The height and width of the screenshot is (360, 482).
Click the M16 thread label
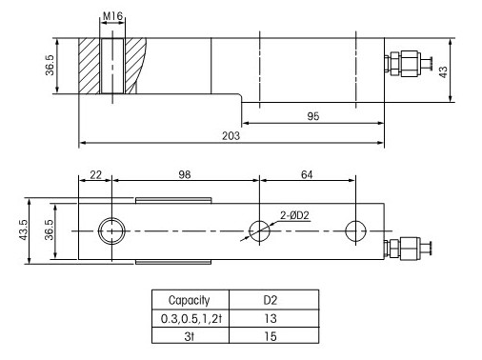point(112,16)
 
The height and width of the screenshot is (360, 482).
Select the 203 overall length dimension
point(231,136)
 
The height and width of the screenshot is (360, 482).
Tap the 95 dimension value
point(313,116)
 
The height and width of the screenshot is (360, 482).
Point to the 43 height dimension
point(443,71)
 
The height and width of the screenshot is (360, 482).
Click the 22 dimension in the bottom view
point(95,174)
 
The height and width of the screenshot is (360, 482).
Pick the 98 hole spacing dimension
point(185,174)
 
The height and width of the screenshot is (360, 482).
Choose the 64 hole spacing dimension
point(307,174)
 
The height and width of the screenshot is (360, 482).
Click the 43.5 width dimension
point(24,230)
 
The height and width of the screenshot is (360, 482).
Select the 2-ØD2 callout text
point(294,215)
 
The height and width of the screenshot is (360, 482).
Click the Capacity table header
point(190,300)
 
